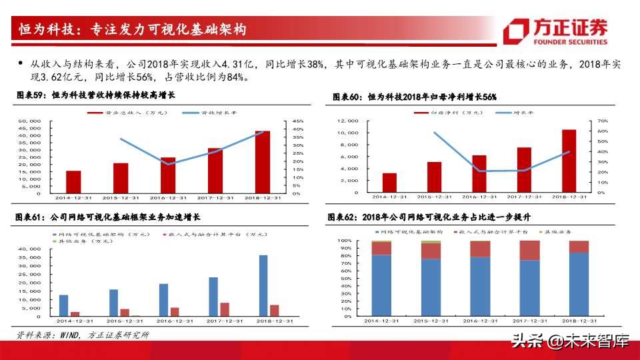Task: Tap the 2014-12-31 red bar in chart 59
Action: tap(73, 182)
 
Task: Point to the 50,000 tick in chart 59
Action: tap(30, 121)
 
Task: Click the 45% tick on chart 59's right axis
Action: tap(297, 121)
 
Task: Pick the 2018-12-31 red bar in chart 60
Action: tap(568, 161)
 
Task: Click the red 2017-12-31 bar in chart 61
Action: tap(224, 309)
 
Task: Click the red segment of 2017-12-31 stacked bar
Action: tap(530, 250)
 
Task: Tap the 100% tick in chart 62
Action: tap(345, 241)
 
